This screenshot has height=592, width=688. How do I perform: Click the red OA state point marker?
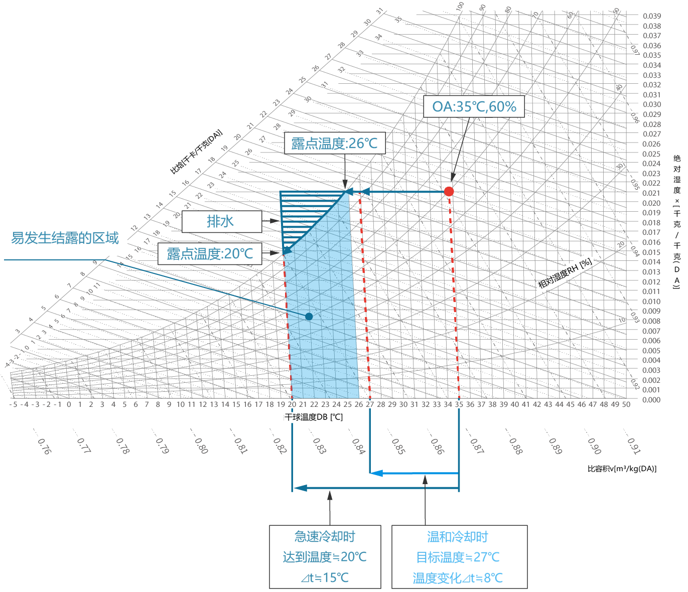click(x=449, y=191)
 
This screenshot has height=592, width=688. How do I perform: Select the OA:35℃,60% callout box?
click(x=474, y=106)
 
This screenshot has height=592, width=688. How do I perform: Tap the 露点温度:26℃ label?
click(x=334, y=143)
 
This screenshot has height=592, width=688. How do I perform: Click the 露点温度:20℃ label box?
click(x=210, y=254)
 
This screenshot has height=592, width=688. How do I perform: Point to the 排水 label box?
click(x=221, y=221)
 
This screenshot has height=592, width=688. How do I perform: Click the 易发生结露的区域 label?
click(x=65, y=238)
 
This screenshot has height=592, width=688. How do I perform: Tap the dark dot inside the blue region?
click(x=309, y=317)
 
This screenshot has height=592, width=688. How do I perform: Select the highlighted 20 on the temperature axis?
click(x=292, y=404)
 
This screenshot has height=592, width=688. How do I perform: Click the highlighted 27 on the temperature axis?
click(x=370, y=404)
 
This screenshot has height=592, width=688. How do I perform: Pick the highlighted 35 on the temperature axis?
click(x=459, y=404)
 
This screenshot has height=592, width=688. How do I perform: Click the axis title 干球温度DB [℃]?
click(x=314, y=417)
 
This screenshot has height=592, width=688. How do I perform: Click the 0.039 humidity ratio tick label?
click(x=652, y=16)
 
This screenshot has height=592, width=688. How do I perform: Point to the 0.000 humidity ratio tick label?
click(x=651, y=400)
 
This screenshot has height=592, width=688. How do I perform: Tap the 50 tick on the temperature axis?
click(x=626, y=404)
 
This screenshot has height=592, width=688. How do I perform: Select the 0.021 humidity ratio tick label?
click(x=651, y=193)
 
